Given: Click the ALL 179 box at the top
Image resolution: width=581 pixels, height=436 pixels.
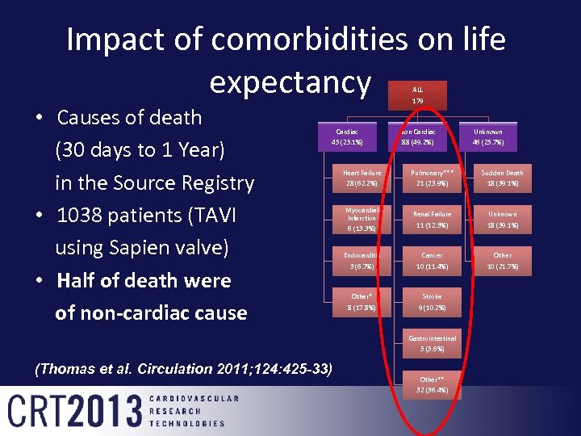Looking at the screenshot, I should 418,95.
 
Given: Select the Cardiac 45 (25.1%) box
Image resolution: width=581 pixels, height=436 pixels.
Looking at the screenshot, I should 347,136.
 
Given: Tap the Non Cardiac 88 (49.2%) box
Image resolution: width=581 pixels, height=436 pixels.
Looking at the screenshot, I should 418,136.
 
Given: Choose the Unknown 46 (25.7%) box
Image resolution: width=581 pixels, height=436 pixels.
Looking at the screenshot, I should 488,136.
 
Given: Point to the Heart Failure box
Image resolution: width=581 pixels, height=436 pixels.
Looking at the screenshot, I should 362,178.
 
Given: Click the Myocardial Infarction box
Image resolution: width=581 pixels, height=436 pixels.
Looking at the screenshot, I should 362,219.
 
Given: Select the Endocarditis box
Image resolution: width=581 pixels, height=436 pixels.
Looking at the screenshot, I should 362,260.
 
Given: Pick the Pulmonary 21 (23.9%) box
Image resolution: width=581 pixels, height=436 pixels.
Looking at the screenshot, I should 432,178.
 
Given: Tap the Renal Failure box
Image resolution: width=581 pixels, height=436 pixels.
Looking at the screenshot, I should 432,219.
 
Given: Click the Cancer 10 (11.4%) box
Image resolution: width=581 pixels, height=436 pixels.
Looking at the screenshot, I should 432,260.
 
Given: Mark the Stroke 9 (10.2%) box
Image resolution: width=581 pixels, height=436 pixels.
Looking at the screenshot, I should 432,301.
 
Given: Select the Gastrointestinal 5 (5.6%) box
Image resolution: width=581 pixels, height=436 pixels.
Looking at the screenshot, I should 432,343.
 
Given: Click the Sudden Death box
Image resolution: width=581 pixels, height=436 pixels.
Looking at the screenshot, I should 503,178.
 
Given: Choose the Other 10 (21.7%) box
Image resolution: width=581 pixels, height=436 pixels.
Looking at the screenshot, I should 503,260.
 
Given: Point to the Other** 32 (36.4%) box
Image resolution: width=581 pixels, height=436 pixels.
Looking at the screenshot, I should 432,384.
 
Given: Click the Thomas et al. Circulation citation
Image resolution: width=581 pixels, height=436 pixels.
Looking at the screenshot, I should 184,369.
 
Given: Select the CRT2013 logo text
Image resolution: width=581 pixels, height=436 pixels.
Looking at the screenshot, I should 74,410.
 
